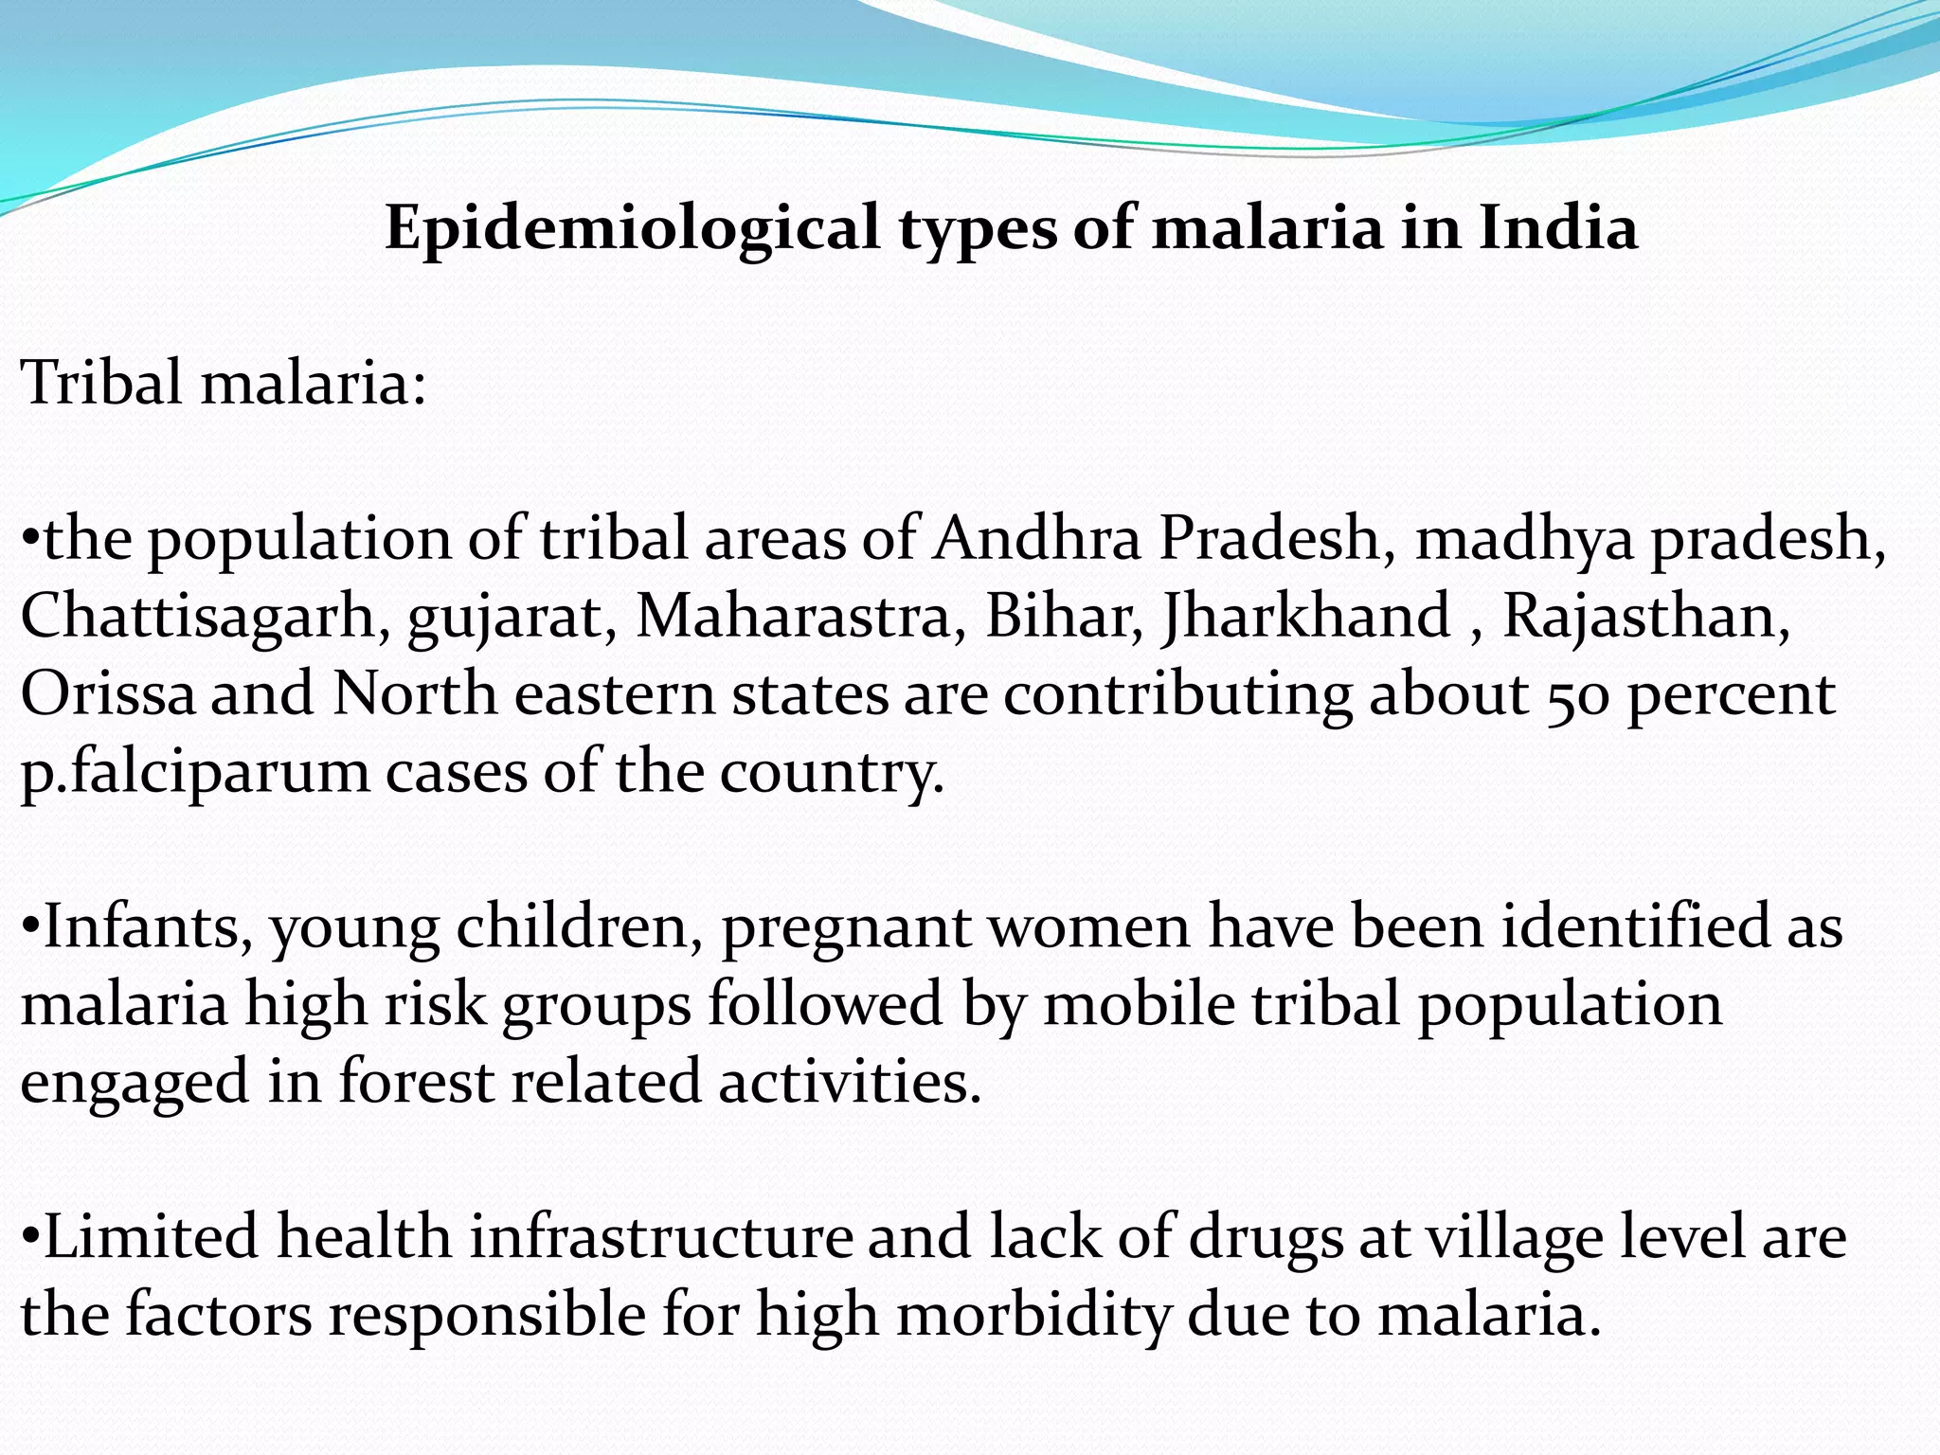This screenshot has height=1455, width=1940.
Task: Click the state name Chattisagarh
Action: click(198, 617)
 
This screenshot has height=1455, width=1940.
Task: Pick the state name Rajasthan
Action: click(1645, 617)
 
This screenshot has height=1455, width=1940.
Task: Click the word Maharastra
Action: click(793, 617)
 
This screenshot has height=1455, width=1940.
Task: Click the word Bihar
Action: click(1063, 617)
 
